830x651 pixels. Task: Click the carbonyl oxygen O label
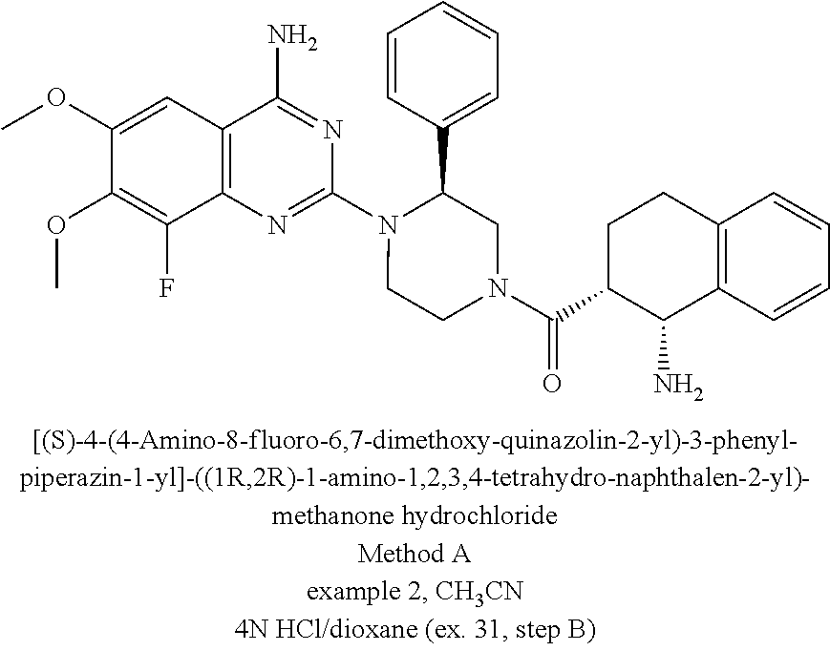pos(550,386)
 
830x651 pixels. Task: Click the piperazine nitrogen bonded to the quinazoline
pos(387,225)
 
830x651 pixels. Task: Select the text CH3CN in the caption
pos(475,585)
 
